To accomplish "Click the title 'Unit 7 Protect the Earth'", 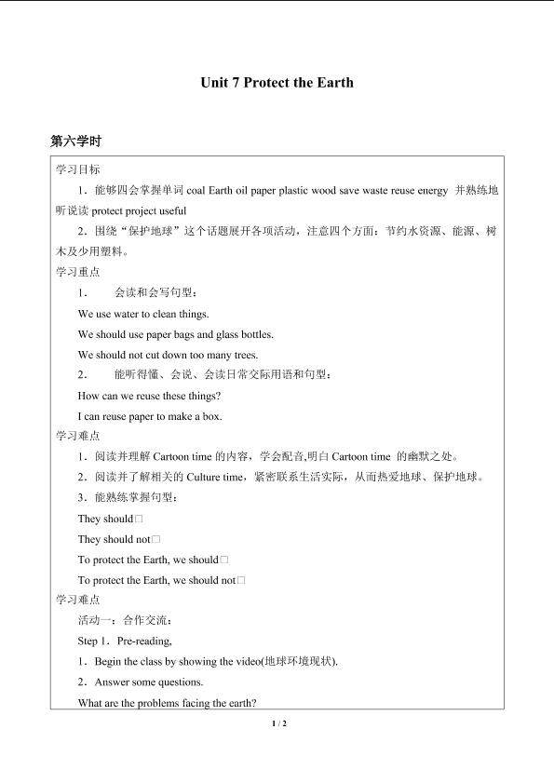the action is [x=277, y=83].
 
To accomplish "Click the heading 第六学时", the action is [x=76, y=142].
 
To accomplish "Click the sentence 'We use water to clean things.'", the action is [x=143, y=314].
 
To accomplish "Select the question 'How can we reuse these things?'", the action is [x=149, y=396].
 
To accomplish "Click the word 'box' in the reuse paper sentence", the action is [x=214, y=416].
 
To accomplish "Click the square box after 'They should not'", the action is [x=155, y=539].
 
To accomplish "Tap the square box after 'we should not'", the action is [x=241, y=580].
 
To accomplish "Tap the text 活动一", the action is [x=96, y=620].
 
